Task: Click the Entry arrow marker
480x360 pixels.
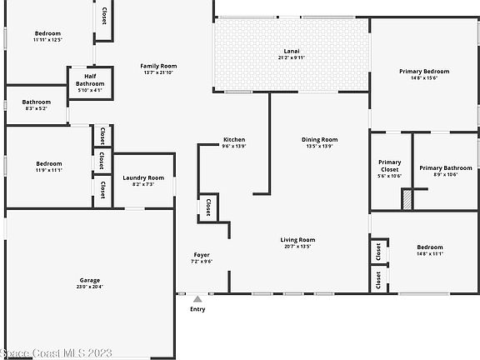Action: [197, 298]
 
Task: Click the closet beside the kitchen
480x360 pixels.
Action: [207, 207]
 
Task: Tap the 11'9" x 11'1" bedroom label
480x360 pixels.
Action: [48, 167]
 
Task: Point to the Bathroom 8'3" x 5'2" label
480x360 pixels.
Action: [37, 105]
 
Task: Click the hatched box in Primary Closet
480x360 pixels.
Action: [407, 200]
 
